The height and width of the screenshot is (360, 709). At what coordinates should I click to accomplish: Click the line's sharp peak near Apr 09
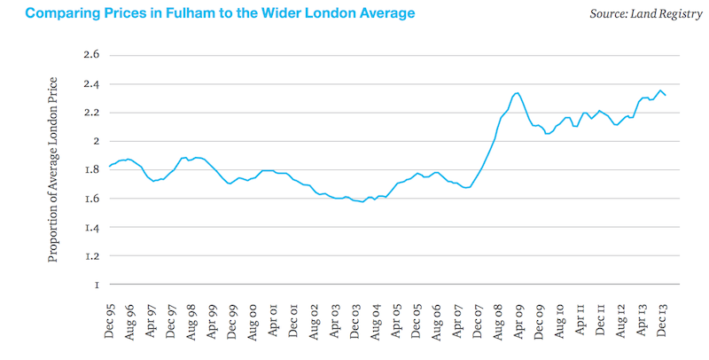coord(517,92)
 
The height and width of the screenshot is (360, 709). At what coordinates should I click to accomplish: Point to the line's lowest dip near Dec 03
coord(362,202)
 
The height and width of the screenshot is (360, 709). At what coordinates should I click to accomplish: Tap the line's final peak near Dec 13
coord(660,90)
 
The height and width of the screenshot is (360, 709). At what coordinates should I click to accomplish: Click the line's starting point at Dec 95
coord(109,166)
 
